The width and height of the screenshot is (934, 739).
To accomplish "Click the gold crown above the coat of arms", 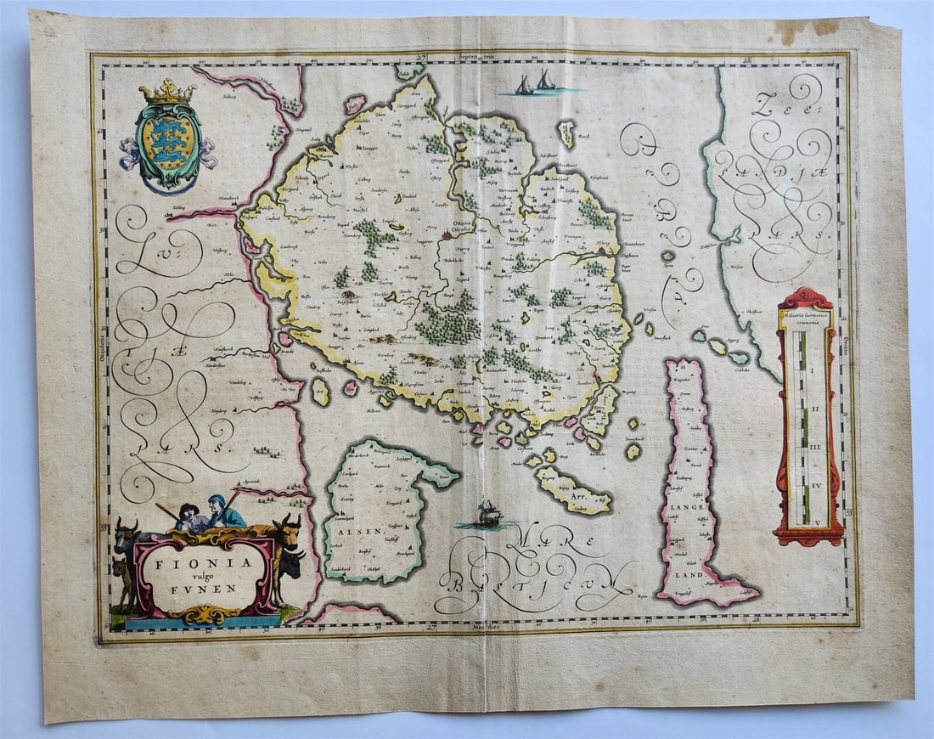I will (166, 92).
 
